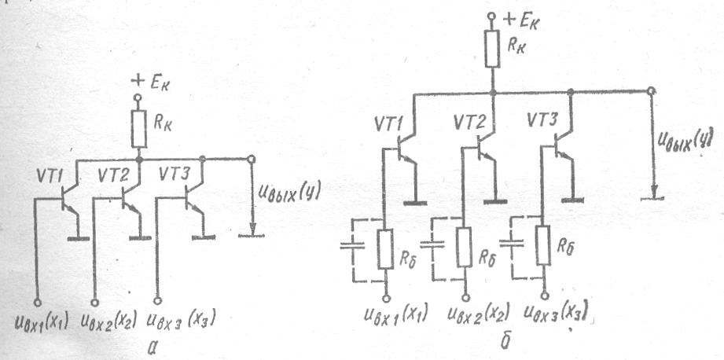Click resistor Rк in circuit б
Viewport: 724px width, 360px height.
coord(492,50)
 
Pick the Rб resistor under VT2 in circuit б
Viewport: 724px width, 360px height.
coord(464,248)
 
